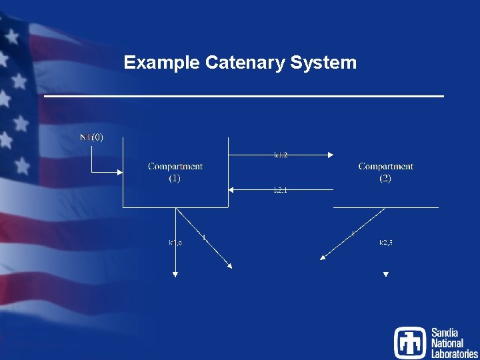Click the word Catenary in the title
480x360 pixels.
[245, 63]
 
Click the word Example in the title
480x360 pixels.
[162, 63]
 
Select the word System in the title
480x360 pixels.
[324, 63]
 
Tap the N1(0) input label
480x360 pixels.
[91, 138]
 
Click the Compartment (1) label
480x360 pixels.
[175, 172]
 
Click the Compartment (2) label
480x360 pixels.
[385, 172]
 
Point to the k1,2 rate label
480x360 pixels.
[281, 155]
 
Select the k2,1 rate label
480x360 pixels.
[281, 191]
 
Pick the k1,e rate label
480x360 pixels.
[175, 242]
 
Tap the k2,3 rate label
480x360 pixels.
[385, 242]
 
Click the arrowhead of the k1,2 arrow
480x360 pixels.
[330, 155]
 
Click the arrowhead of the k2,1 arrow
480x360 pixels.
[232, 190]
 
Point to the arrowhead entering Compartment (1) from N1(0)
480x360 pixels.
[120, 172]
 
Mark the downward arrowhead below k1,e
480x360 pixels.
[175, 272]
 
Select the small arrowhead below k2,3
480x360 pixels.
[385, 274]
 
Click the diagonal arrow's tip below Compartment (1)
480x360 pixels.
[230, 267]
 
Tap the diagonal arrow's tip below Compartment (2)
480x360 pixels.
[323, 258]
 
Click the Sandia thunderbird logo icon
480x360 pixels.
[409, 342]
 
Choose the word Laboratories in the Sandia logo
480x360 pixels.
[454, 354]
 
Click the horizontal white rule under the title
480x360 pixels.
[243, 97]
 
